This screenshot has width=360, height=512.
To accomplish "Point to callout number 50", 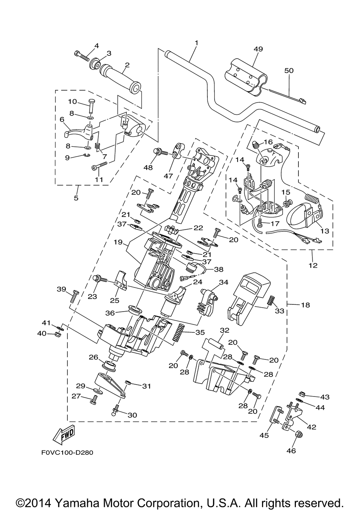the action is pyautogui.click(x=289, y=71).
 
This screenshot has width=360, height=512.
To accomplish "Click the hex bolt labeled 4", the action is pyautogui.click(x=82, y=56).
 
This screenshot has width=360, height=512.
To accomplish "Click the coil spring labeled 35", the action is pyautogui.click(x=179, y=333).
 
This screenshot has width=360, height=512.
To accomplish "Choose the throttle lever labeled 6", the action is pyautogui.click(x=78, y=131).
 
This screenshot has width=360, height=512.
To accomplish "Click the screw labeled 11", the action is pyautogui.click(x=99, y=166).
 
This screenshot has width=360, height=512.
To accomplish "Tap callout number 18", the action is pyautogui.click(x=306, y=305).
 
